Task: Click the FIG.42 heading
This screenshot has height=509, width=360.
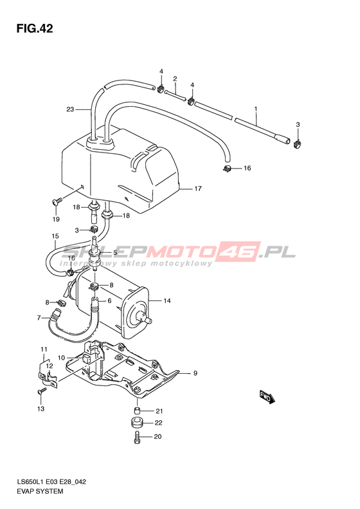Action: pos(34,28)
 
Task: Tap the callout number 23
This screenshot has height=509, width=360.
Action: pos(70,109)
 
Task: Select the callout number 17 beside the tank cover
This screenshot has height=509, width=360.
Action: pos(198,189)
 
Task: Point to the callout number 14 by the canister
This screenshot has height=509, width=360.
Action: pos(166,301)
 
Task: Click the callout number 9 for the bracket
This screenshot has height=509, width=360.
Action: pos(195,373)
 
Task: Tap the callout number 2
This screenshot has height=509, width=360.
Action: pos(175,79)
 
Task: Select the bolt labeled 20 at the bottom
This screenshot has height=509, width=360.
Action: pos(136,438)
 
